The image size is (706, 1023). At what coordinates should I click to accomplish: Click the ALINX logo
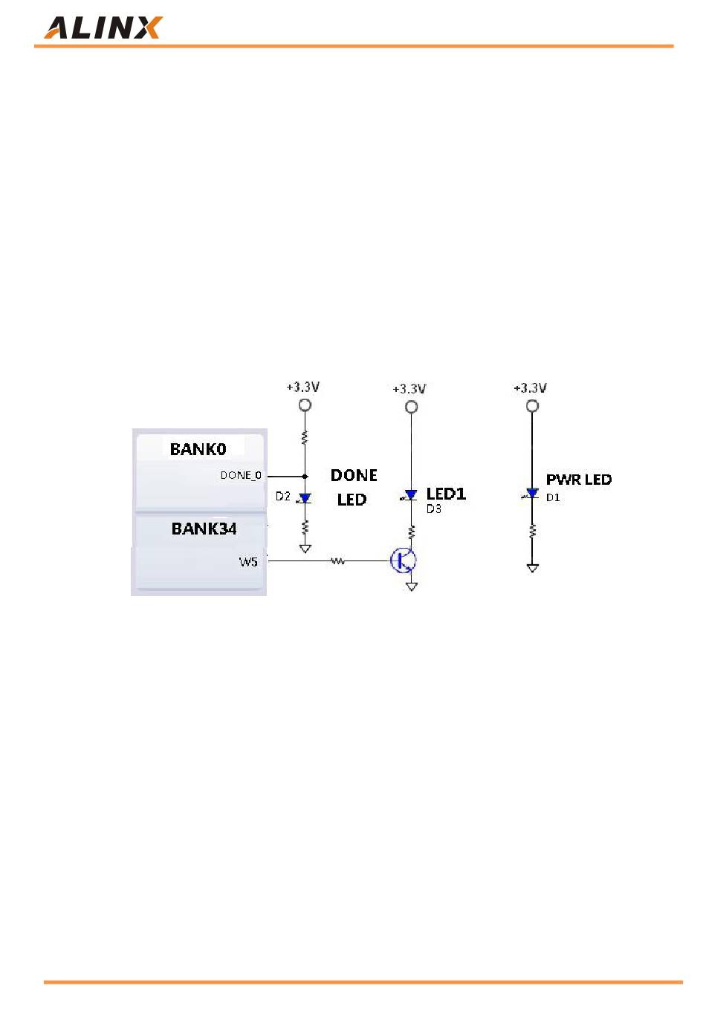click(103, 27)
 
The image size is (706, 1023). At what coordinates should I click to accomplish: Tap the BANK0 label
click(198, 448)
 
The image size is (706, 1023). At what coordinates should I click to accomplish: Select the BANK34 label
click(204, 529)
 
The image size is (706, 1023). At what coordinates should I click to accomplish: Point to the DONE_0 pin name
click(241, 475)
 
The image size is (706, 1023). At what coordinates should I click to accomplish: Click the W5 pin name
click(248, 561)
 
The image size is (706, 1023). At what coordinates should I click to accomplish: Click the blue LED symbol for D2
click(305, 498)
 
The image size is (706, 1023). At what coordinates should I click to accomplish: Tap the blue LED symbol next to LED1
click(411, 494)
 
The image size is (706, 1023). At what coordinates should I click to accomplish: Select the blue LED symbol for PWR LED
click(532, 494)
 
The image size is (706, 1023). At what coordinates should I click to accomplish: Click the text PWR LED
click(578, 480)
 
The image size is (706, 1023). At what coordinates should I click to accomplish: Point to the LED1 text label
click(446, 494)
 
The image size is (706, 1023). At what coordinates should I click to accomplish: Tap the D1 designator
click(553, 497)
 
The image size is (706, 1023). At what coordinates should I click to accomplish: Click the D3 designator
click(434, 509)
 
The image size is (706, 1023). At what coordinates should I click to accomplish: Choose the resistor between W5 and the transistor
click(337, 561)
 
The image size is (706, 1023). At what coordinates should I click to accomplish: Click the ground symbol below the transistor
click(412, 586)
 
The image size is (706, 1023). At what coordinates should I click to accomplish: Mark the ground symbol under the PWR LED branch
click(532, 568)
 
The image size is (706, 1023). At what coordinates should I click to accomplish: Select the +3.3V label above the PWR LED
click(530, 388)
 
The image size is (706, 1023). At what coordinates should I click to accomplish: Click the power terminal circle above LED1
click(411, 406)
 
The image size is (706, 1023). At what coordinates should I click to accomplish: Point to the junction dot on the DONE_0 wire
click(305, 476)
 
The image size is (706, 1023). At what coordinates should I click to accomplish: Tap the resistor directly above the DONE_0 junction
click(305, 438)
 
